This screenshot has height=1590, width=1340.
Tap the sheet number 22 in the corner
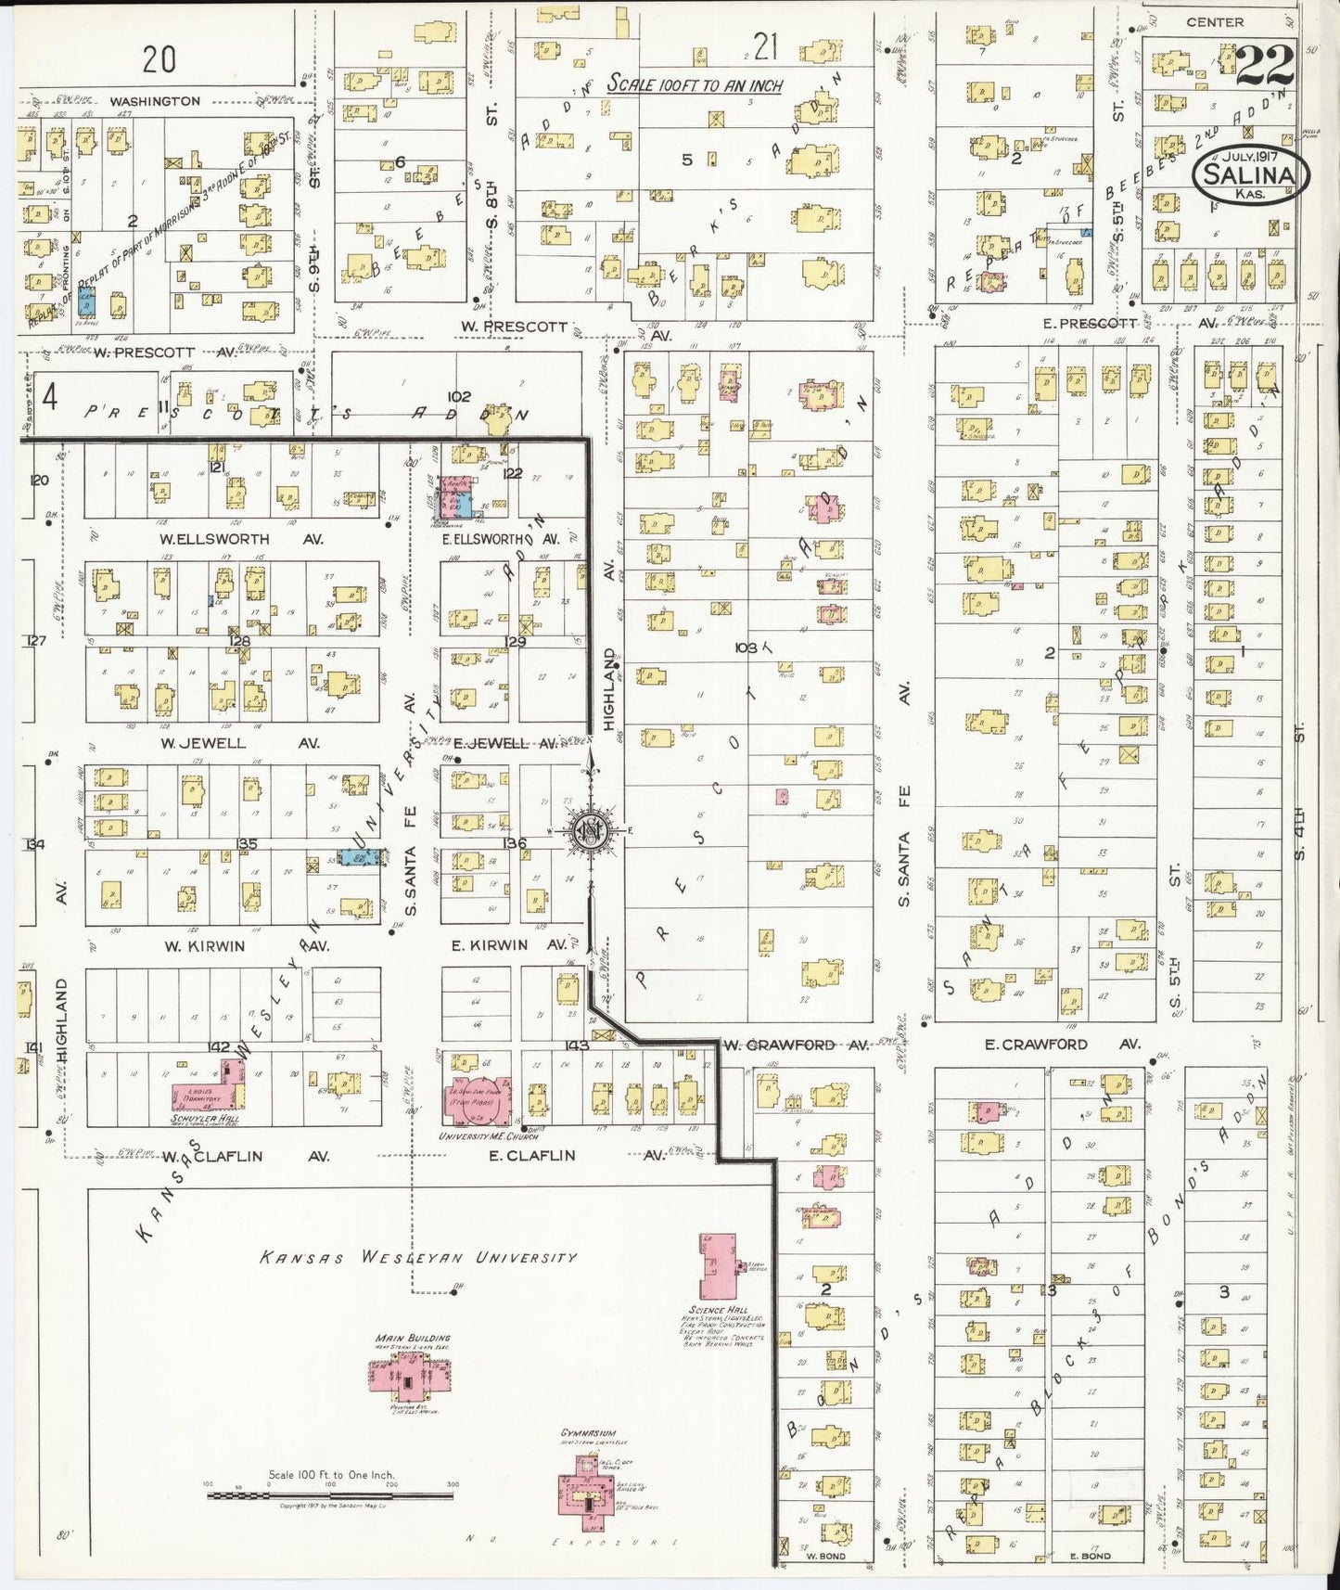coord(1265,65)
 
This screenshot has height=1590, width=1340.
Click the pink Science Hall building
coord(718,1266)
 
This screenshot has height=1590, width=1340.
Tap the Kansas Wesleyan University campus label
coord(417,1258)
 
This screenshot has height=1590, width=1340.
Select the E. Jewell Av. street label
coord(505,743)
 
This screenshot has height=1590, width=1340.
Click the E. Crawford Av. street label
coord(1061,1045)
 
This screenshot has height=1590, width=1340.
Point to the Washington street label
coord(155,101)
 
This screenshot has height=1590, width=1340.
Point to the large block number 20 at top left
coord(160,60)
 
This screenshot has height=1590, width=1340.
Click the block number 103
coord(746,647)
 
